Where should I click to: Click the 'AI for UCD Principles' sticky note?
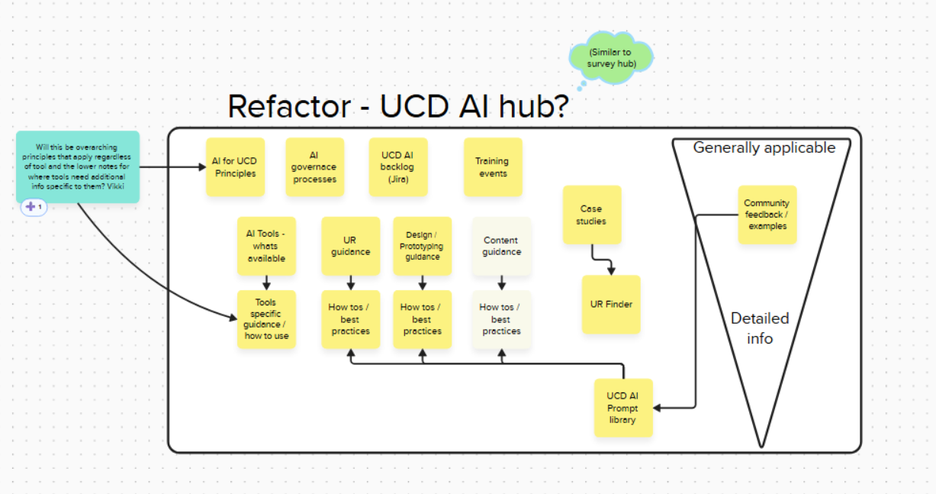235,167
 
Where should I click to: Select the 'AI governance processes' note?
314,167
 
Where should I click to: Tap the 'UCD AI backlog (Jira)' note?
397,167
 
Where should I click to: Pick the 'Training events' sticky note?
492,167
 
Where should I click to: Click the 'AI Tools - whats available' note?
266,246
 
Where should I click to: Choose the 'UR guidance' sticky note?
350,246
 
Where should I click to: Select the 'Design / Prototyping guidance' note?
422,246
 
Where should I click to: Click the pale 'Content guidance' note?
501,246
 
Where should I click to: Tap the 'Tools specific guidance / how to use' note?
266,319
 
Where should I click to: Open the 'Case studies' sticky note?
591,215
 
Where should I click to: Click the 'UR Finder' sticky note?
611,304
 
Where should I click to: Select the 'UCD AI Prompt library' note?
622,408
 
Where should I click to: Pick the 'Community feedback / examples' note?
767,215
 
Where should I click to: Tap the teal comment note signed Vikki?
78,166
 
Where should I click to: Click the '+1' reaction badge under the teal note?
34,207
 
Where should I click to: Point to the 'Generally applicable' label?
764,148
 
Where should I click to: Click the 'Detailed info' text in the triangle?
760,328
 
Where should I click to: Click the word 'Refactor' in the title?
288,107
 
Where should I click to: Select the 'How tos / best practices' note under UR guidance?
350,319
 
